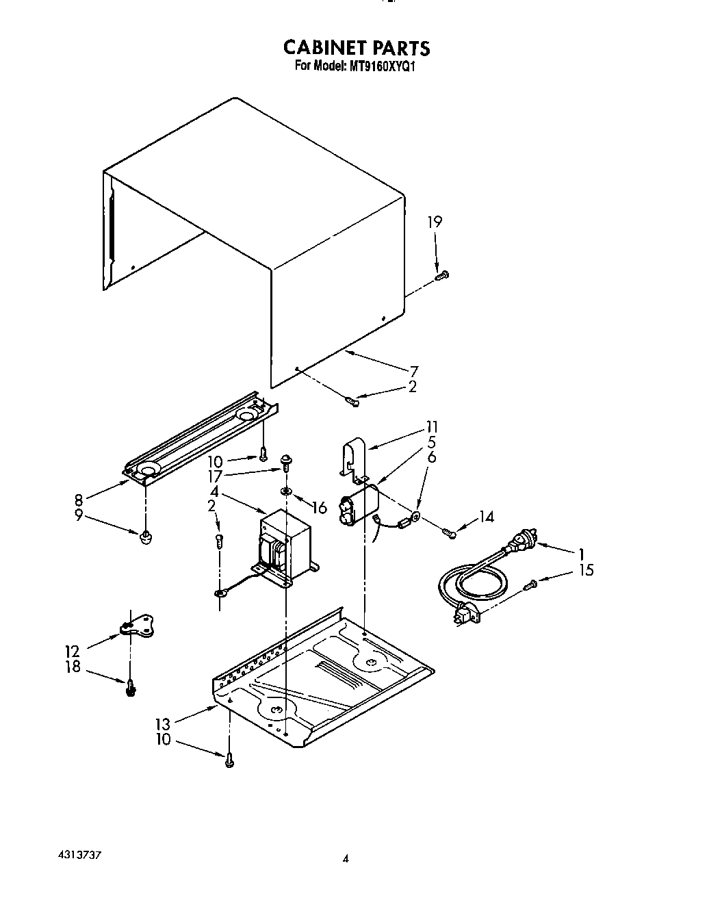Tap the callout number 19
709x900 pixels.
pos(435,222)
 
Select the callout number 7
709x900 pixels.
pos(432,372)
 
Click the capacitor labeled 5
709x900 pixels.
pos(360,505)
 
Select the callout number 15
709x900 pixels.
pos(585,570)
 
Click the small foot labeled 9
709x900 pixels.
pos(144,539)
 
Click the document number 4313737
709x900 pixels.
pos(81,856)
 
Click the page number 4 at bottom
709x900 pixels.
pos(346,859)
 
